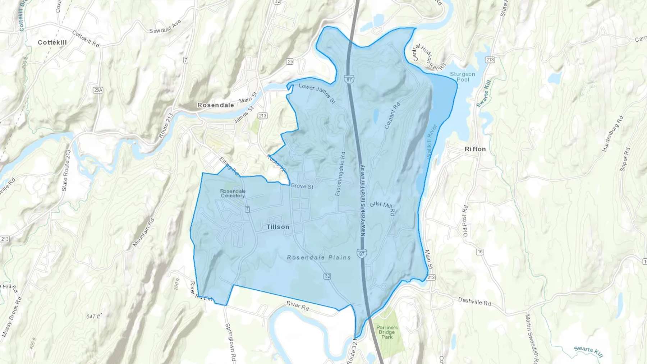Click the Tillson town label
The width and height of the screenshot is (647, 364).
pos(277,227)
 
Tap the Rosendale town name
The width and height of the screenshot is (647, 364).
pos(215,105)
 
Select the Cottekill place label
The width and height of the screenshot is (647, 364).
pos(52,42)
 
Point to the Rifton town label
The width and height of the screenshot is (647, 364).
pos(475,149)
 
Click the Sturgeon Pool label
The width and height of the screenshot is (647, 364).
pos(463,77)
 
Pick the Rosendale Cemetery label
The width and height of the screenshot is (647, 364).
pos(233,193)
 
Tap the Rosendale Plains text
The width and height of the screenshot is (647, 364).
pos(319,257)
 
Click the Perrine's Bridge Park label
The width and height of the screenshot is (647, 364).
pos(387,332)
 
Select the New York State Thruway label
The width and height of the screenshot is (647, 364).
pos(363,200)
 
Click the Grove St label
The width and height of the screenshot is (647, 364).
pos(302,186)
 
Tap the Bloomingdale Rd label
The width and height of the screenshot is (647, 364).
pos(340,174)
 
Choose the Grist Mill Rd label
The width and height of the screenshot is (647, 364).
pos(382,208)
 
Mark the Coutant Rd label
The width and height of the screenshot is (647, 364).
pos(392,116)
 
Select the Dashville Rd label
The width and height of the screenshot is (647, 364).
pos(474,301)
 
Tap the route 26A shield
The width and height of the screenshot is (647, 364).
pos(98,90)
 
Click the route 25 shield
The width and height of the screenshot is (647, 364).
pos(290,62)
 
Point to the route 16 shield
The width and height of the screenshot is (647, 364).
pos(480,252)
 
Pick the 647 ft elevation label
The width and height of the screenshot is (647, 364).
pos(93,316)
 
